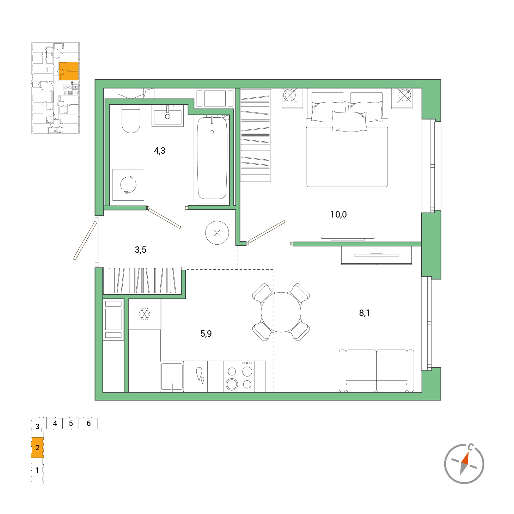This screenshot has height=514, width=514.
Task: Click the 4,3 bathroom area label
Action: click(159, 151)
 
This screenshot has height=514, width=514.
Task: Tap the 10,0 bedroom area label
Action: click(338, 214)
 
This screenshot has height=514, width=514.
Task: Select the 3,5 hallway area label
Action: click(140, 250)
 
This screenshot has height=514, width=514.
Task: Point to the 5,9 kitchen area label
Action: click(206, 334)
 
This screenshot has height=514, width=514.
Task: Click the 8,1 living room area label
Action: click(364, 313)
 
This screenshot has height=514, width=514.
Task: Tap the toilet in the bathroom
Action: click(131, 118)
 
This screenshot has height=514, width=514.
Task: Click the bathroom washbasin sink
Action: click(167, 115)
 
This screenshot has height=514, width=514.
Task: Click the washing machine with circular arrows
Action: click(128, 185)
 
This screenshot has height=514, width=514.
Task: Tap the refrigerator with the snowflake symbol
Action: click(145, 314)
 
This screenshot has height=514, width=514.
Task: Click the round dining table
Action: click(281, 312)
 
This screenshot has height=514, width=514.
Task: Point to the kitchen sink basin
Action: click(172, 376)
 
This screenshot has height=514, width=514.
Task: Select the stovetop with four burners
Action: click(239, 377)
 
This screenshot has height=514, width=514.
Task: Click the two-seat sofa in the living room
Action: click(376, 371)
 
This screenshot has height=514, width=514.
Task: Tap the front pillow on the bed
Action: click(349, 122)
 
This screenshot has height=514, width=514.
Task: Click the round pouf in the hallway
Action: click(217, 233)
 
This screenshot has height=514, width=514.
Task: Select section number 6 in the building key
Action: click(88, 423)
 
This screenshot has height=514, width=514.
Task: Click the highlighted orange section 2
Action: click(37, 448)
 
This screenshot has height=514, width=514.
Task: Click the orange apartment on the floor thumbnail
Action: click(68, 71)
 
